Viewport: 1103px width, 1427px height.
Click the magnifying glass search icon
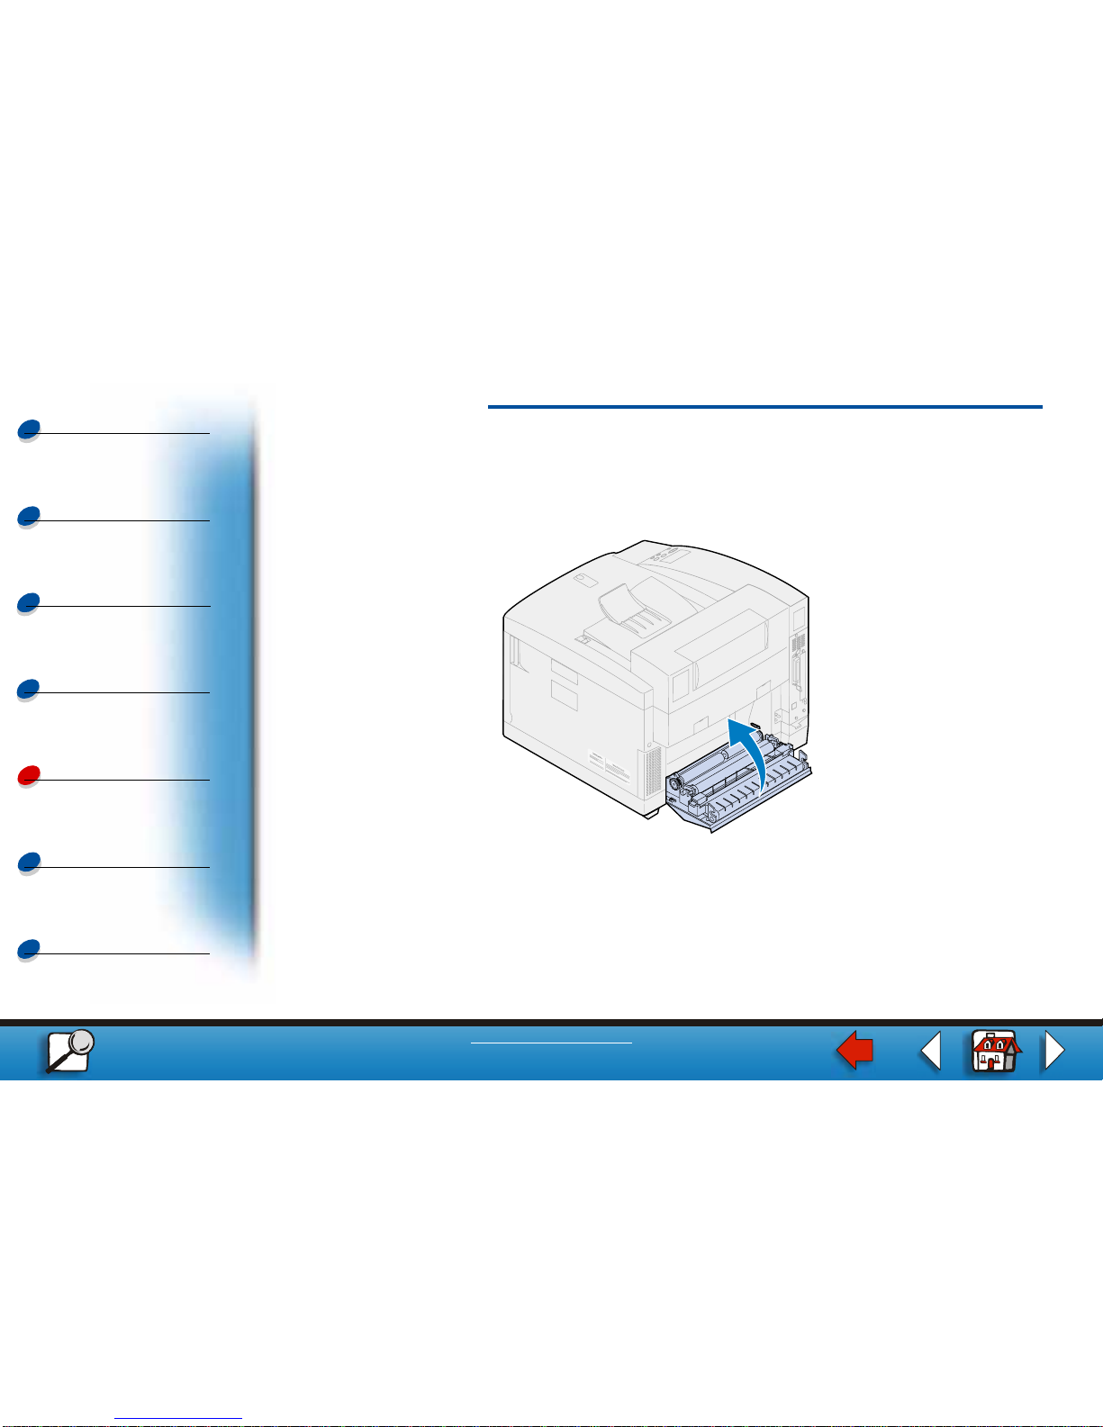pyautogui.click(x=70, y=1050)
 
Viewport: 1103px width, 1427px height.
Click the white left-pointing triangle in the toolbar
pyautogui.click(x=932, y=1051)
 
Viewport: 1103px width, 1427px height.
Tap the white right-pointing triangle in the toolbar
pyautogui.click(x=1053, y=1051)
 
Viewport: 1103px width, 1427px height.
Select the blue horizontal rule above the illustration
pyautogui.click(x=764, y=407)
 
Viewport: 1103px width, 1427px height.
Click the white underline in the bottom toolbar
pyautogui.click(x=551, y=1043)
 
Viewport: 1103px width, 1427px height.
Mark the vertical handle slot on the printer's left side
pyautogui.click(x=512, y=653)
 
